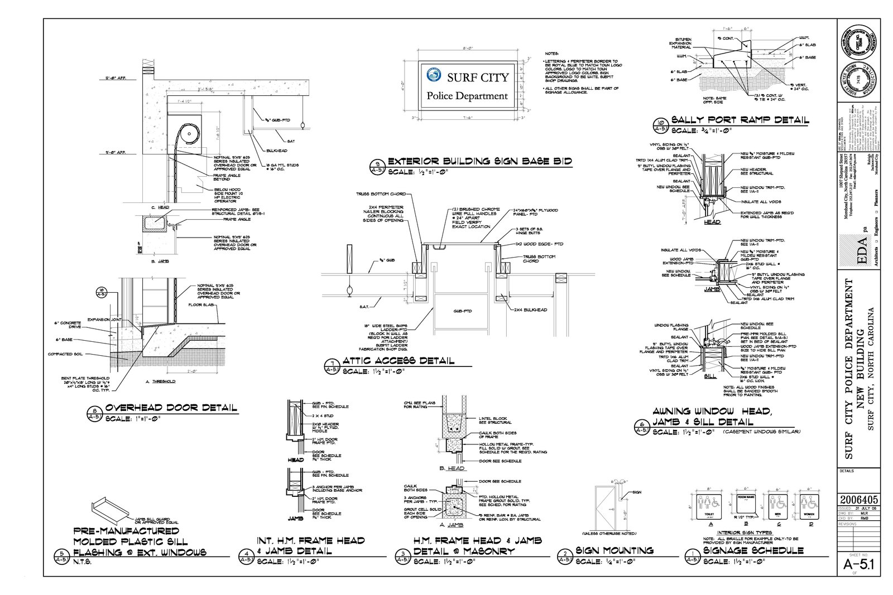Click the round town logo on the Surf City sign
tap(433, 75)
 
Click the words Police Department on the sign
tap(467, 96)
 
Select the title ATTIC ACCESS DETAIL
tap(398, 361)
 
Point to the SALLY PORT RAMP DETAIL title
tap(740, 120)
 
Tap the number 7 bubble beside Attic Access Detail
tap(332, 366)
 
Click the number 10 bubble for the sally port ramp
tap(661, 125)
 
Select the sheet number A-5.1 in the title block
tap(858, 565)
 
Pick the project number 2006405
tap(858, 500)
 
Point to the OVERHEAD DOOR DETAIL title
tap(171, 408)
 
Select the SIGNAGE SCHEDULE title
tap(753, 550)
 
